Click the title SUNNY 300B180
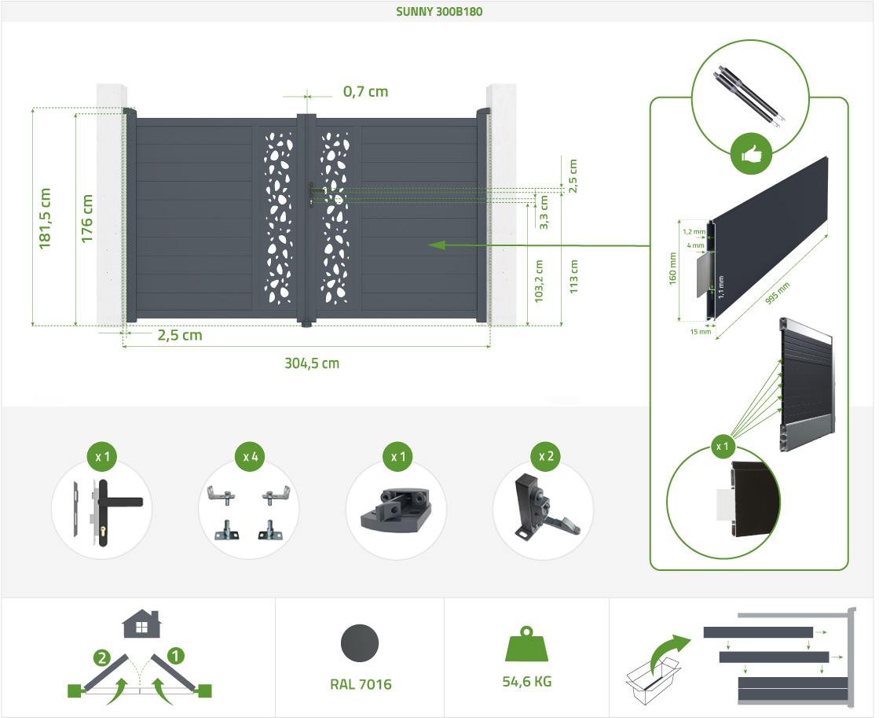point(439,11)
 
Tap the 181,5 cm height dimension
point(45,219)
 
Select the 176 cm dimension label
point(87,219)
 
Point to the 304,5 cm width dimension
point(312,363)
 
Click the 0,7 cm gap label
point(365,91)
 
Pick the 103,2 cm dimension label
point(539,282)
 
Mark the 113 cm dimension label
point(573,276)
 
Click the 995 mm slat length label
point(778,293)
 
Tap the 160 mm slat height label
point(672,268)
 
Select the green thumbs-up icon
point(751,154)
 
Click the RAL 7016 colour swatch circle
point(360,643)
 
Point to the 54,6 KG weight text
point(527,682)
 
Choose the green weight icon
point(526,644)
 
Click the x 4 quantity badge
point(250,457)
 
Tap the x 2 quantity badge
point(546,456)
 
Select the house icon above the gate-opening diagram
point(142,624)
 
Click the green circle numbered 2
point(101,657)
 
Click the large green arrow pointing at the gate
point(538,245)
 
